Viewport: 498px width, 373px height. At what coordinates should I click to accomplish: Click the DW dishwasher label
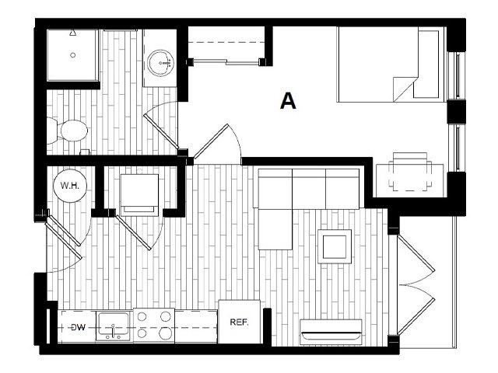click(77, 328)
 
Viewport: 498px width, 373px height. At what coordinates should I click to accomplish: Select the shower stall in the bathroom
click(72, 56)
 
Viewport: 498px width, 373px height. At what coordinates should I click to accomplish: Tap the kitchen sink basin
click(114, 326)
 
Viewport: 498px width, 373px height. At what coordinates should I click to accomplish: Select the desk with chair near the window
click(410, 173)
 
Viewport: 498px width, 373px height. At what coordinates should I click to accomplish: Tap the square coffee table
click(336, 246)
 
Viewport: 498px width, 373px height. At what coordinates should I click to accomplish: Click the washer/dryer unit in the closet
click(139, 192)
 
